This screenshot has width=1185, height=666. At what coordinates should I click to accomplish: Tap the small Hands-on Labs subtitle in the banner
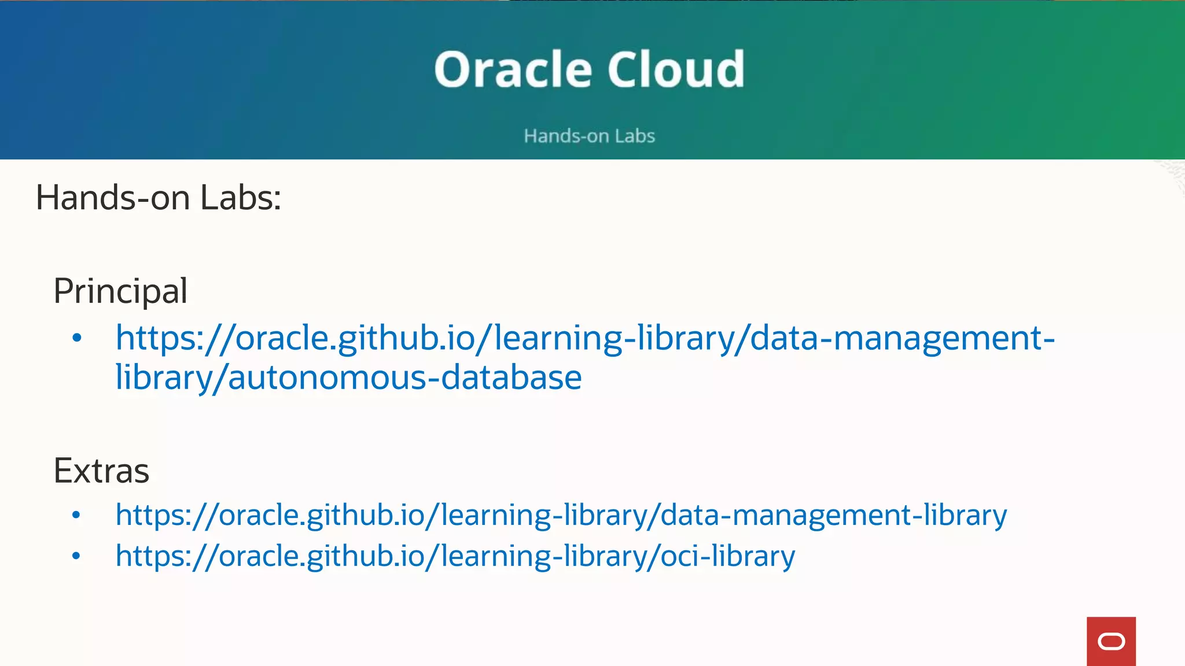click(x=589, y=136)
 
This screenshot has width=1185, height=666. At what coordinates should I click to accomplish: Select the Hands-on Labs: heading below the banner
click(x=158, y=198)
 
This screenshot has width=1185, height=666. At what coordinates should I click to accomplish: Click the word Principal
click(x=120, y=291)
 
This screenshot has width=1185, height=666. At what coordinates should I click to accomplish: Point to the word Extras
click(x=101, y=471)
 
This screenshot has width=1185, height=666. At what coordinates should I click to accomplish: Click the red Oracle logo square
click(x=1111, y=641)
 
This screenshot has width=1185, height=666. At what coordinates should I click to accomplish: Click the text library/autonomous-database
click(x=348, y=378)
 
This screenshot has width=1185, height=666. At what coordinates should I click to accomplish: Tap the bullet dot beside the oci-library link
click(x=76, y=556)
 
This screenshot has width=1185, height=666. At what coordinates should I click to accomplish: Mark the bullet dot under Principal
click(x=76, y=338)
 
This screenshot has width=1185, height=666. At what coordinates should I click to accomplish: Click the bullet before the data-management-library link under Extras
click(x=76, y=515)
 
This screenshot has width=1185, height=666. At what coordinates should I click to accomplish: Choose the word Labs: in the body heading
click(x=241, y=198)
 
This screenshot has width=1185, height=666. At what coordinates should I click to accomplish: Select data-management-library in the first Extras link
click(x=834, y=515)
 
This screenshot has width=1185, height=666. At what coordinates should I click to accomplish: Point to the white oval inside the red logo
click(x=1111, y=642)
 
